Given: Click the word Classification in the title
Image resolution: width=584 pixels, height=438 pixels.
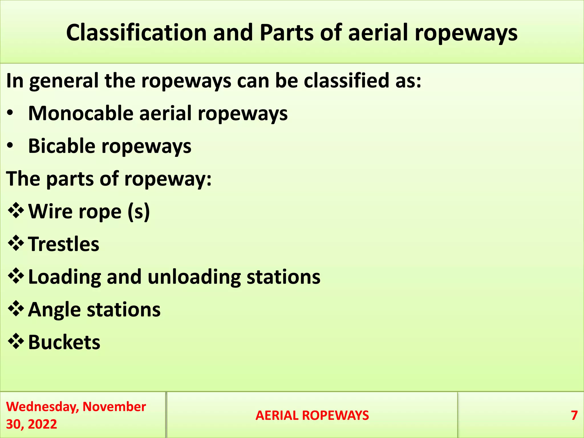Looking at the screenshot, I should tap(136, 33).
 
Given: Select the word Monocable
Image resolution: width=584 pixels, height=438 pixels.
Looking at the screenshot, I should tap(81, 113).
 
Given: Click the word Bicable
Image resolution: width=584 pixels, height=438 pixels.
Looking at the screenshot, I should tap(62, 146).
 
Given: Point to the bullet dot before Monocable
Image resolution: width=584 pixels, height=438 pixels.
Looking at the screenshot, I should tap(10, 113).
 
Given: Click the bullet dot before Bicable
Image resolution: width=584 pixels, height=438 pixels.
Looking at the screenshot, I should tap(10, 146).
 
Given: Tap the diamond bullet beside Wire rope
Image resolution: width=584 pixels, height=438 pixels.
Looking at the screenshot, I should tap(16, 211).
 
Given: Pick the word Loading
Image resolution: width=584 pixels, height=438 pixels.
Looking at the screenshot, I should tap(65, 277).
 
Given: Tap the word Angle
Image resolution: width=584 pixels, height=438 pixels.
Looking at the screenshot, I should tap(54, 310).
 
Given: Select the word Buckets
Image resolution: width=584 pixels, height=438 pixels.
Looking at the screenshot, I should tap(64, 342).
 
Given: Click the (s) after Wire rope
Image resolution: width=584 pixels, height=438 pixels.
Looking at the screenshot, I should tap(139, 212).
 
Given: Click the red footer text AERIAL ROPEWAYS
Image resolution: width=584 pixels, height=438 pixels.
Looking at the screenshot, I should tap(312, 415).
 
